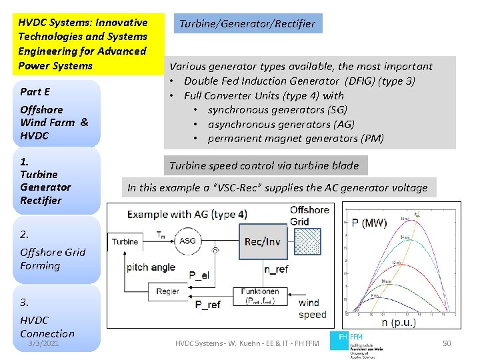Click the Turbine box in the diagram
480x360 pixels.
point(125,241)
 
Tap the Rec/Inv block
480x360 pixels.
point(262,241)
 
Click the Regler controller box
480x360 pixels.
point(167,291)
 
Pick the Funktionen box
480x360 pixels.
point(260,295)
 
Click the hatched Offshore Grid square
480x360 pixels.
point(307,241)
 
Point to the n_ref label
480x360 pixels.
point(276,270)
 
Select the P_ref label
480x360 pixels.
point(207,305)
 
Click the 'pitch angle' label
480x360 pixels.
point(151,267)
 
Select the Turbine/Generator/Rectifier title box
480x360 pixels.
point(247,24)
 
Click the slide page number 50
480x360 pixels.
point(447,343)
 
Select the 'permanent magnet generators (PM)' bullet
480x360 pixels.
point(295,139)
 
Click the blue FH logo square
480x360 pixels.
point(343,337)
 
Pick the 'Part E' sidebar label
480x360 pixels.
point(35,92)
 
